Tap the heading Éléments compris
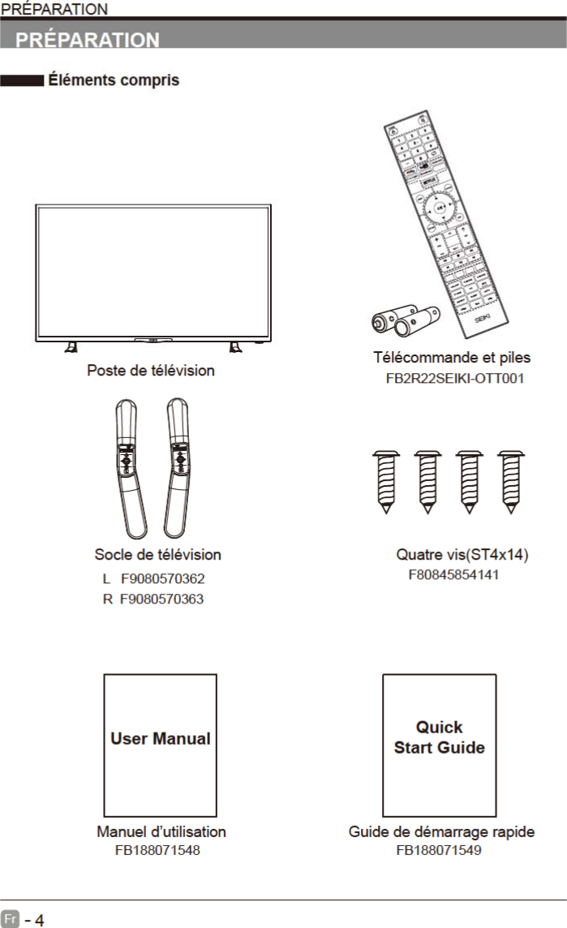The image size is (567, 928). [114, 80]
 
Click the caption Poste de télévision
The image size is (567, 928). [151, 371]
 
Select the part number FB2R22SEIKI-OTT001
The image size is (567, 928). [454, 378]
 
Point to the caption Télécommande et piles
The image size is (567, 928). [452, 357]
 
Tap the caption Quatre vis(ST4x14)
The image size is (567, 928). [462, 555]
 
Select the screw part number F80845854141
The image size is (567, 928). [453, 575]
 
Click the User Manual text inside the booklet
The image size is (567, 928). [161, 739]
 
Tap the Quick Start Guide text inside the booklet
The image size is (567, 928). [439, 737]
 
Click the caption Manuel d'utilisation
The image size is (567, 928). [161, 831]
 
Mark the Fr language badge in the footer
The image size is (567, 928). [11, 920]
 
